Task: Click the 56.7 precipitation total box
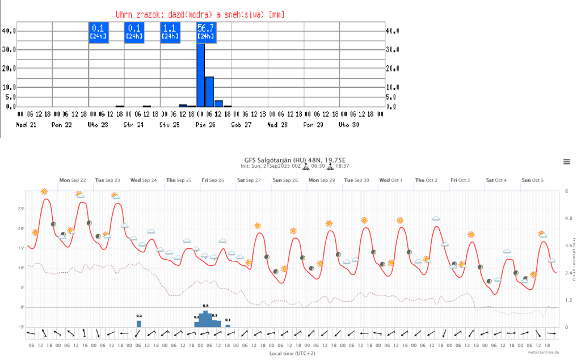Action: (x=207, y=32)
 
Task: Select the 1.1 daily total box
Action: (x=170, y=32)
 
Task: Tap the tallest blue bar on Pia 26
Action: (x=200, y=74)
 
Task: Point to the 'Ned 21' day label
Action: (x=26, y=124)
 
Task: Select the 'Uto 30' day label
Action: (x=349, y=124)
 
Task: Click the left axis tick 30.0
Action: (x=10, y=49)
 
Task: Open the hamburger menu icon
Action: (x=566, y=162)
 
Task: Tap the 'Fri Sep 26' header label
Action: (x=213, y=180)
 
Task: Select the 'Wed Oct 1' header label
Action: (x=391, y=180)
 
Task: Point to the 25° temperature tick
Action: (x=21, y=209)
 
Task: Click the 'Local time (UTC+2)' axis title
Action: (x=292, y=354)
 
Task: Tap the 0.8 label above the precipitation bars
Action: (x=206, y=306)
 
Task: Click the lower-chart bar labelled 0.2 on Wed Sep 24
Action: (x=139, y=324)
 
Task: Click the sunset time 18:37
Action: (x=343, y=167)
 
